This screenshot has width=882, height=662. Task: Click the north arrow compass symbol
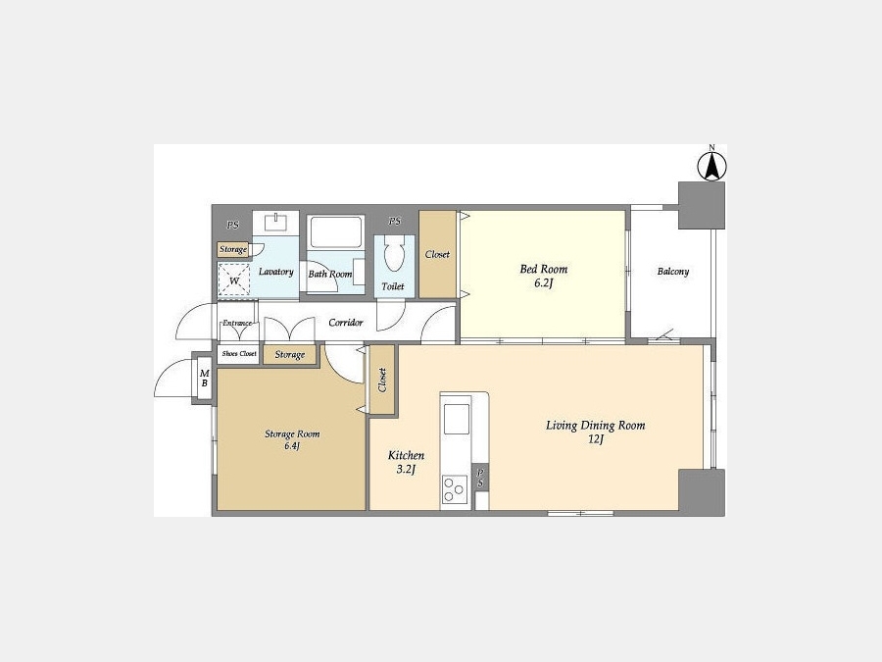(x=711, y=166)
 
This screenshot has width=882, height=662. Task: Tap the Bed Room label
(x=543, y=269)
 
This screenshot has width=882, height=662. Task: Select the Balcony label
(x=672, y=272)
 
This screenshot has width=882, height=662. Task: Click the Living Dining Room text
(x=595, y=425)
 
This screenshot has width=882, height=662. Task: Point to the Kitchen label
(x=406, y=455)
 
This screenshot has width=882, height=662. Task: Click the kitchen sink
(x=456, y=419)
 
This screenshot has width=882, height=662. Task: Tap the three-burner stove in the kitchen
(x=455, y=489)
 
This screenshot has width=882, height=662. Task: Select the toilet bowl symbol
(x=394, y=252)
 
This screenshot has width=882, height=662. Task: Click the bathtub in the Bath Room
(x=336, y=232)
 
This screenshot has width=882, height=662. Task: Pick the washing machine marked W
(x=234, y=280)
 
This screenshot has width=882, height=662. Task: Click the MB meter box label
(x=204, y=378)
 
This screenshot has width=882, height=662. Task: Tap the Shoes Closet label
(x=239, y=353)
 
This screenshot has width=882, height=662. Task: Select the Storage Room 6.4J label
(x=292, y=439)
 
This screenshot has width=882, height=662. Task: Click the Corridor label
(x=345, y=323)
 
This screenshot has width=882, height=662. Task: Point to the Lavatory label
(x=275, y=272)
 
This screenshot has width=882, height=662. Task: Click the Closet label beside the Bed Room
(x=437, y=254)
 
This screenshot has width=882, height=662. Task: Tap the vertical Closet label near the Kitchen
(x=382, y=380)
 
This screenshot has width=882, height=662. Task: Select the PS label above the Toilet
(x=395, y=222)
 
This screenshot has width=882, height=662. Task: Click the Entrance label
(x=237, y=323)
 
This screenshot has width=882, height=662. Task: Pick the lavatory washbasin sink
(x=275, y=222)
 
